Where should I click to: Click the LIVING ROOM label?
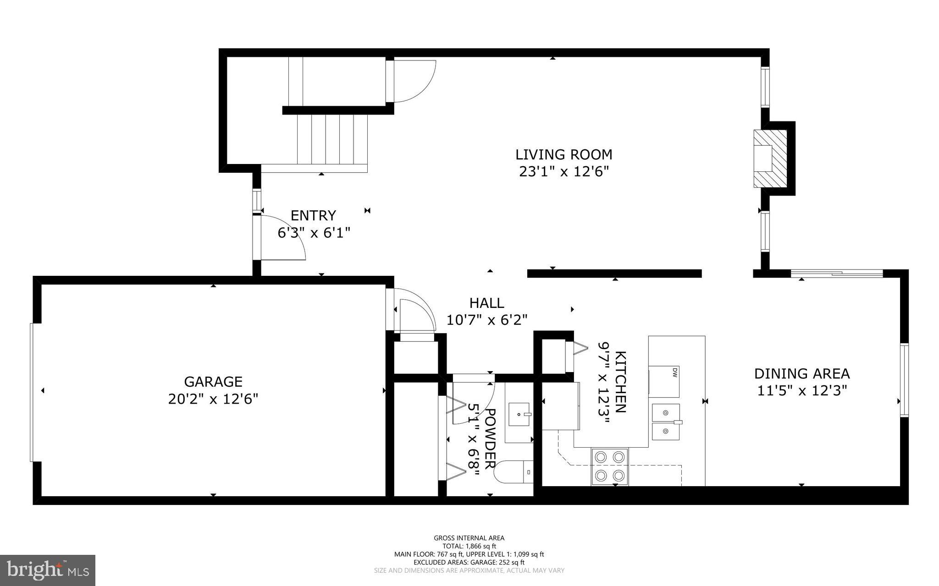point(563,154)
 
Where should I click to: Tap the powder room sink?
point(519,414)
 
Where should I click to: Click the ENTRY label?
point(313,215)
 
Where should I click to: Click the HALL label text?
point(486,303)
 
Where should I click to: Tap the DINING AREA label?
point(802,374)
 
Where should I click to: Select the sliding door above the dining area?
point(837,274)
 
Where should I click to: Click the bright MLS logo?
point(48,570)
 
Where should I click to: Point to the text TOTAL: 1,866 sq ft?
point(469,546)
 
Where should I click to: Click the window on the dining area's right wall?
point(904,380)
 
